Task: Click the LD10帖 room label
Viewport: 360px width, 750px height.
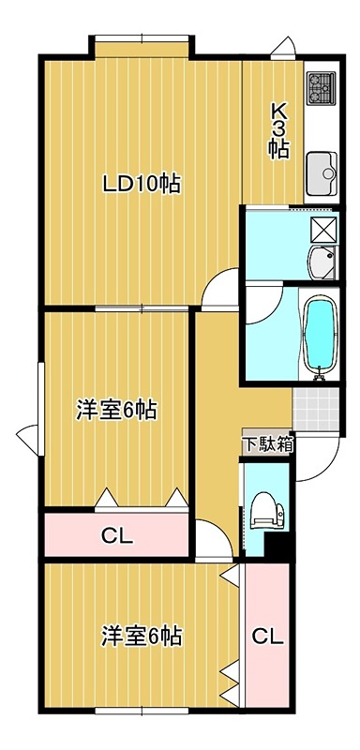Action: pyautogui.click(x=142, y=184)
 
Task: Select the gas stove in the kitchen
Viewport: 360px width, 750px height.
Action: pyautogui.click(x=322, y=88)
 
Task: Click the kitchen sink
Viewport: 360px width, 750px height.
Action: pyautogui.click(x=322, y=172)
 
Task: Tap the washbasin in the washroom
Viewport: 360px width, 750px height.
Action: pyautogui.click(x=322, y=262)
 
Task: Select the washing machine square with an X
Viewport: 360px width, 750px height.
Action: pyautogui.click(x=323, y=230)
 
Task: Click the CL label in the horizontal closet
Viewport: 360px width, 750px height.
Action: pyautogui.click(x=116, y=537)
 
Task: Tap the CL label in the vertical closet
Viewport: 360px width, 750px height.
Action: pyautogui.click(x=268, y=637)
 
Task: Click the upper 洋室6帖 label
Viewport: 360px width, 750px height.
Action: pyautogui.click(x=116, y=410)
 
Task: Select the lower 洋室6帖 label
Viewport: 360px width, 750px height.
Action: pyautogui.click(x=142, y=637)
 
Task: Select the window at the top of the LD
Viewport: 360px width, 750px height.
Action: pyautogui.click(x=142, y=38)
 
